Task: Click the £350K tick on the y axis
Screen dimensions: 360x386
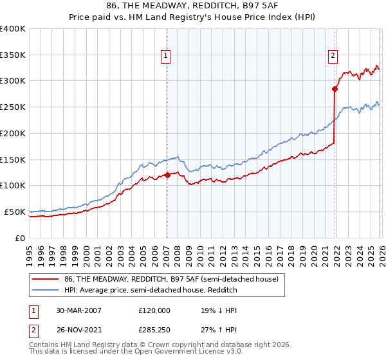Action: point(13,55)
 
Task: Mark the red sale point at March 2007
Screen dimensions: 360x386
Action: point(167,174)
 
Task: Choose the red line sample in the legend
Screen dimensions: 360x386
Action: point(45,279)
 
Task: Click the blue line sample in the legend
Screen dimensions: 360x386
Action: point(45,291)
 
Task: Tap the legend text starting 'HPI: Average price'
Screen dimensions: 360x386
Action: point(151,291)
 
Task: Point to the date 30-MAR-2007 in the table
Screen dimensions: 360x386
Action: point(78,310)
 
